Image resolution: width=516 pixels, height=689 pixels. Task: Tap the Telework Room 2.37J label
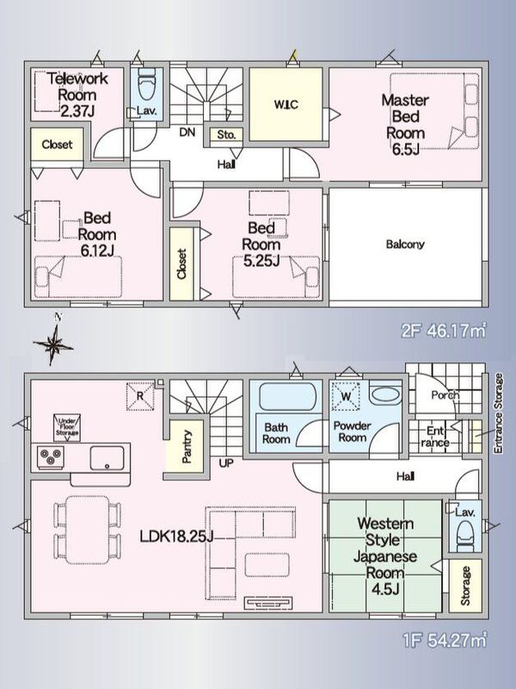click(x=77, y=95)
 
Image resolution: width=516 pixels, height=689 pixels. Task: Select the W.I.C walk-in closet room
click(x=286, y=104)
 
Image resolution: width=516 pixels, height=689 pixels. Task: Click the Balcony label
click(x=405, y=245)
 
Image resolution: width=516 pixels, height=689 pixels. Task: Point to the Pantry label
click(x=187, y=446)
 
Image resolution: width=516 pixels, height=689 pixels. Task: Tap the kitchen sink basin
click(x=107, y=458)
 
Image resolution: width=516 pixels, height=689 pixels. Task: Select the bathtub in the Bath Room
click(x=287, y=395)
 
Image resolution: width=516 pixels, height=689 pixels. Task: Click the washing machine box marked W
click(x=347, y=396)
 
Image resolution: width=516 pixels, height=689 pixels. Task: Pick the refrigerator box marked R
click(x=140, y=396)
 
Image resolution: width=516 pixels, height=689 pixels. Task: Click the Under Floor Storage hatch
click(x=67, y=427)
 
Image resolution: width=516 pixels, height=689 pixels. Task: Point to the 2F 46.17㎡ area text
click(x=444, y=331)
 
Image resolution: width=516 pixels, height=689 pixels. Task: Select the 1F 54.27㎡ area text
click(x=445, y=640)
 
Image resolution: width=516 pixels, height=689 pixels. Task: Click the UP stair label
click(x=226, y=462)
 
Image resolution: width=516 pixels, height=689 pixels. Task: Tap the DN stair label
click(x=187, y=132)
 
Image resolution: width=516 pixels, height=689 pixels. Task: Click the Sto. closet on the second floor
click(x=226, y=134)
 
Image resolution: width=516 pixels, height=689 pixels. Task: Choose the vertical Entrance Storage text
click(x=499, y=413)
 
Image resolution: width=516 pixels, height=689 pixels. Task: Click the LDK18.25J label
click(x=176, y=536)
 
